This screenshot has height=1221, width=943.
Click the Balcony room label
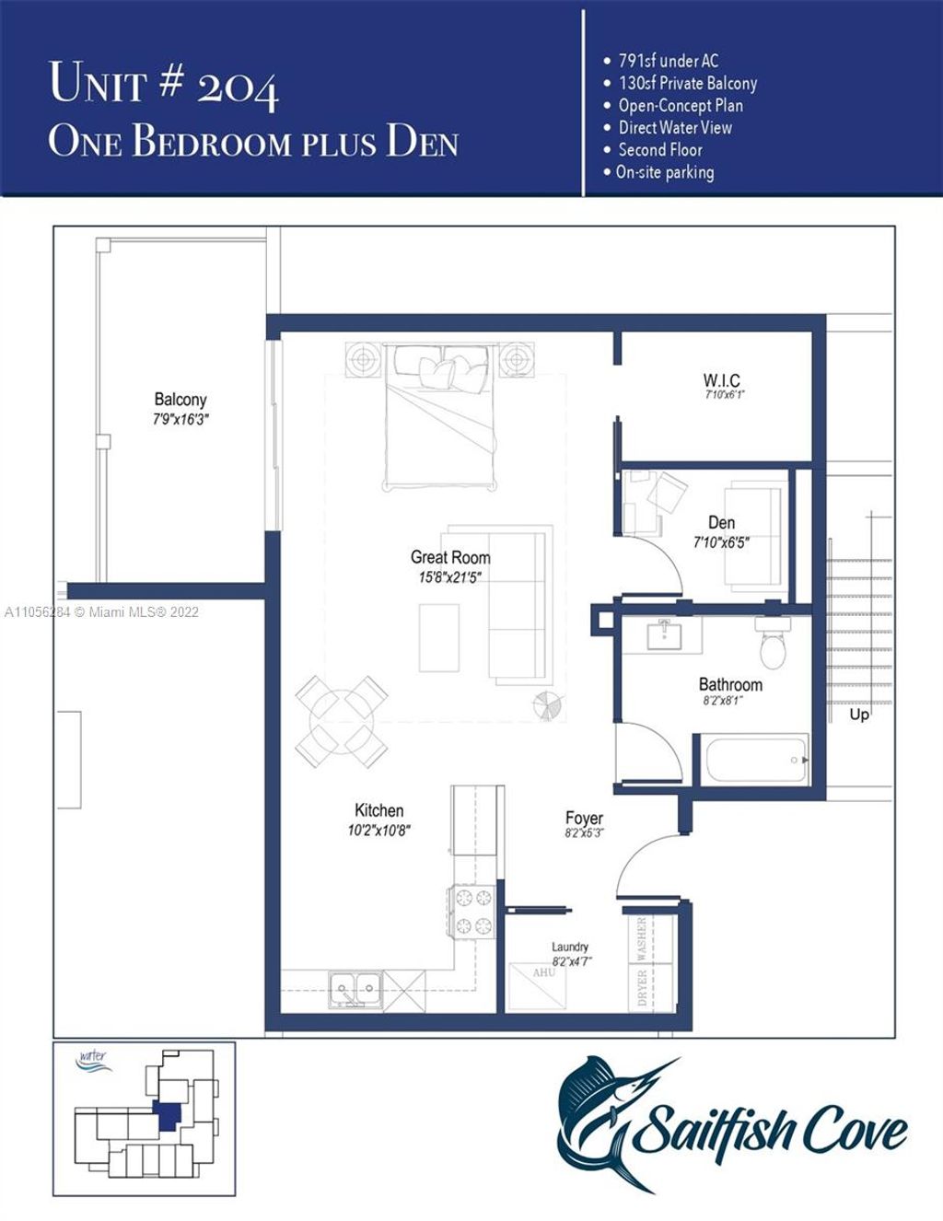coord(180,400)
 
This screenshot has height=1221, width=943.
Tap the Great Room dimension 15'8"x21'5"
coord(450,578)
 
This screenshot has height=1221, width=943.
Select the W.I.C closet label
coord(721,380)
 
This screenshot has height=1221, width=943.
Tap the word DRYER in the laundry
coord(642,988)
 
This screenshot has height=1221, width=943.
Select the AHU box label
coord(543,973)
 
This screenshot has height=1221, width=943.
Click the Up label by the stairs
coord(859,715)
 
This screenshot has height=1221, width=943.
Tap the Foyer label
coord(584,818)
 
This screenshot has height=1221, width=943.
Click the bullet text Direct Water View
coord(674,128)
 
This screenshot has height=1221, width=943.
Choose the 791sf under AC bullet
coord(668,61)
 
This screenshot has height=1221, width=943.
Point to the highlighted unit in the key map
coord(167,1115)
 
